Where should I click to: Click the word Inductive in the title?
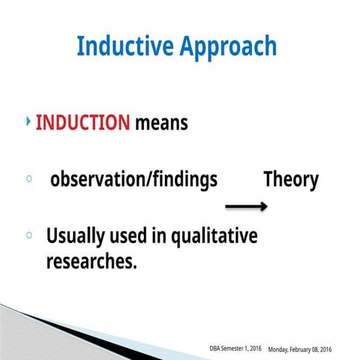124,46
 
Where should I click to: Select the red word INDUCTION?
82,122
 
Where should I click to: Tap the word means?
161,123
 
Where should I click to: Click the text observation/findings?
133,181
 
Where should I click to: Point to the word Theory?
290,180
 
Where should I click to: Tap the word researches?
91,262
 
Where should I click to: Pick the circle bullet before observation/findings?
28,180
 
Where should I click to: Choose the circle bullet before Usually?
28,236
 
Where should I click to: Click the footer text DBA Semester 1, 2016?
235,349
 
